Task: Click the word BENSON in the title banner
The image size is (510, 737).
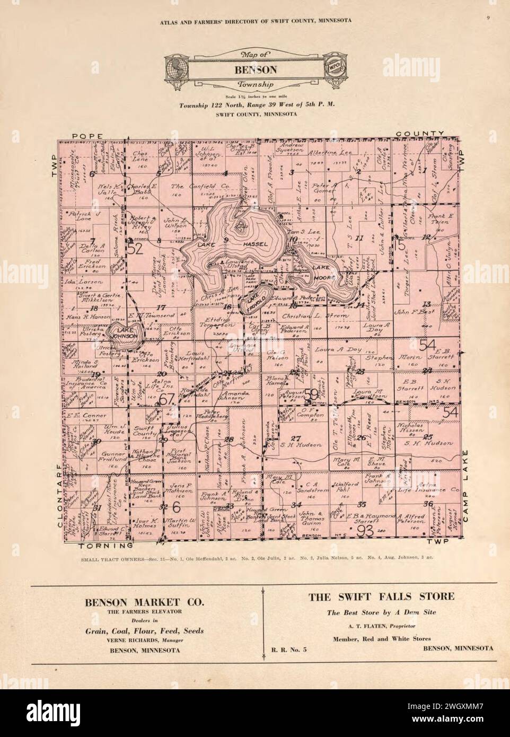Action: pos(255,69)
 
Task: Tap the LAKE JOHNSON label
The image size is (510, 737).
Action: pos(123,332)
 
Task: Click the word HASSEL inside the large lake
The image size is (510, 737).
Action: pos(257,243)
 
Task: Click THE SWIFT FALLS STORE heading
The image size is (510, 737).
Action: pos(381,596)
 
